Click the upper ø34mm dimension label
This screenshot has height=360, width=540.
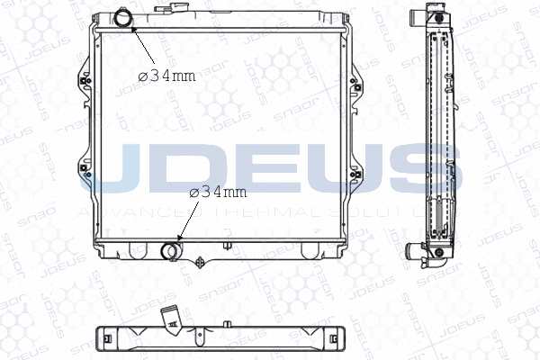coord(166,76)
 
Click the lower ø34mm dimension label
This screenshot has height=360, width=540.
coord(217,192)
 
